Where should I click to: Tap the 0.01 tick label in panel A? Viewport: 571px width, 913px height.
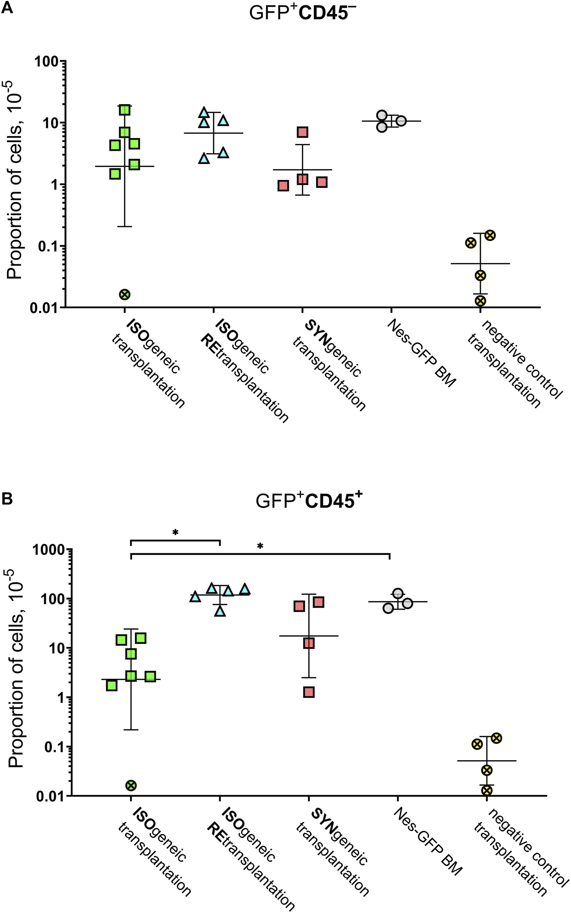click(x=44, y=308)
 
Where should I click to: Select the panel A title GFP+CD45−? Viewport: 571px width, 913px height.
click(x=302, y=13)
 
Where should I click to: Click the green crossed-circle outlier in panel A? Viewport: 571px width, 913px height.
click(x=125, y=295)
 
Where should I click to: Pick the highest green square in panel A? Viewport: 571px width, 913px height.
click(x=125, y=110)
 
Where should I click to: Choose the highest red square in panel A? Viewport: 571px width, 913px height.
click(x=302, y=132)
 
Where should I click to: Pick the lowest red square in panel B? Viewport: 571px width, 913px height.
click(x=309, y=692)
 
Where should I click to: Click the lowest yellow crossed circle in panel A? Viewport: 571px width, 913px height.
click(x=480, y=301)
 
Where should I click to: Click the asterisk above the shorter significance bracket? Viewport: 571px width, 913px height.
click(x=175, y=533)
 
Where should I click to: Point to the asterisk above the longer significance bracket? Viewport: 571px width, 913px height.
click(x=260, y=546)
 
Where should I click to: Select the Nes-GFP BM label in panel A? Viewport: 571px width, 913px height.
click(x=421, y=353)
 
